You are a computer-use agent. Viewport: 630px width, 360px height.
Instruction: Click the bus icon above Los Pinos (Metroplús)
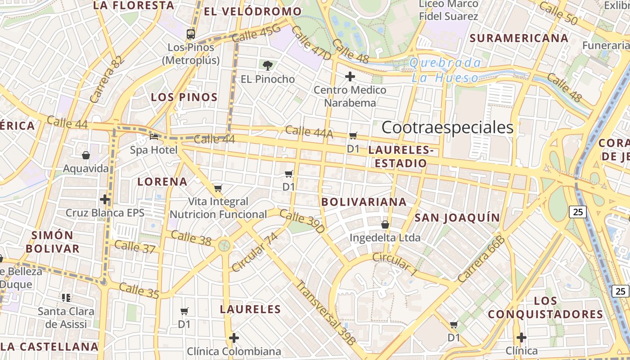click(x=191, y=34)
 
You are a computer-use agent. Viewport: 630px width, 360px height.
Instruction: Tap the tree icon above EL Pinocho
click(x=268, y=66)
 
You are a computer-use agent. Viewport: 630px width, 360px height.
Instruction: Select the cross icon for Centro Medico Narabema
click(x=350, y=76)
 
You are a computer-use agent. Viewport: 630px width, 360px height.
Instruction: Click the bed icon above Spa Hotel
click(x=154, y=136)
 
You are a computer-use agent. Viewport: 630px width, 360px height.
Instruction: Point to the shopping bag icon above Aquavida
click(x=86, y=155)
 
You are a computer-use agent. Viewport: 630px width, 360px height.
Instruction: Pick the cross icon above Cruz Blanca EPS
click(x=105, y=199)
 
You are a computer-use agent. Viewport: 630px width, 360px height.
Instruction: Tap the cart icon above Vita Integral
click(x=218, y=188)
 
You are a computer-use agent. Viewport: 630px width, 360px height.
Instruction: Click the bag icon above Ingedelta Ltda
click(x=385, y=224)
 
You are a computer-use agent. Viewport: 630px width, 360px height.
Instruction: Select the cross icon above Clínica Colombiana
click(x=234, y=337)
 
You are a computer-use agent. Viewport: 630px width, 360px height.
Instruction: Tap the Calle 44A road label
click(x=309, y=131)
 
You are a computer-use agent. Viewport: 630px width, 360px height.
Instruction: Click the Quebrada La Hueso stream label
click(x=445, y=70)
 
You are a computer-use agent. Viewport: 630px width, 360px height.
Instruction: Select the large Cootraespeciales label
click(x=447, y=128)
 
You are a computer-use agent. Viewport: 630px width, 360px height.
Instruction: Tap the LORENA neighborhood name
click(x=162, y=182)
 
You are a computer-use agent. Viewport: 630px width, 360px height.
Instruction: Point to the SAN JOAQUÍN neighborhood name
click(x=457, y=218)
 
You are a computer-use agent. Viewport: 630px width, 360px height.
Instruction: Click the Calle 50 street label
click(x=558, y=13)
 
